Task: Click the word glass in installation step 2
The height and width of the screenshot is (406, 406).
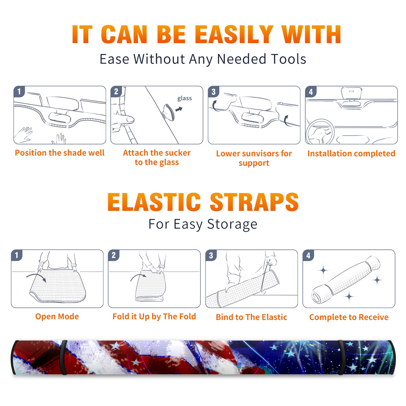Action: [x=184, y=98]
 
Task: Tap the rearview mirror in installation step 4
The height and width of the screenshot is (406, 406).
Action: [x=351, y=93]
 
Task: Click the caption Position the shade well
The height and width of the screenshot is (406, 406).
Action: [x=60, y=153]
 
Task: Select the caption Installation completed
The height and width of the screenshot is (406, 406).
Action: [x=351, y=153]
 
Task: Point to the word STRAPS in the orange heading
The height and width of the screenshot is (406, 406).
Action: [x=254, y=202]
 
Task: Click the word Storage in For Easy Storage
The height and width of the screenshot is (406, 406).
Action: [x=232, y=224]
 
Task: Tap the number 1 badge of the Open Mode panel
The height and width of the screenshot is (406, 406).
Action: [x=17, y=255]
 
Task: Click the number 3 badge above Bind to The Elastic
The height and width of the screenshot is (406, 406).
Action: [x=211, y=255]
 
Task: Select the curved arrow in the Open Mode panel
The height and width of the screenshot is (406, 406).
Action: [x=36, y=277]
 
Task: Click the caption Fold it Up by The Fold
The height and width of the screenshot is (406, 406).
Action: [x=154, y=317]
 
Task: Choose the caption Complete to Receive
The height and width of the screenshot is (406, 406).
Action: [x=349, y=317]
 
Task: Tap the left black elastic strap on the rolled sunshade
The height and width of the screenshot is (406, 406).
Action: [x=64, y=357]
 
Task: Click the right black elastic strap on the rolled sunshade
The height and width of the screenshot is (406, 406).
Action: [x=342, y=357]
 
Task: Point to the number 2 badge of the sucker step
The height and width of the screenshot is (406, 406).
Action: [x=116, y=92]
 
